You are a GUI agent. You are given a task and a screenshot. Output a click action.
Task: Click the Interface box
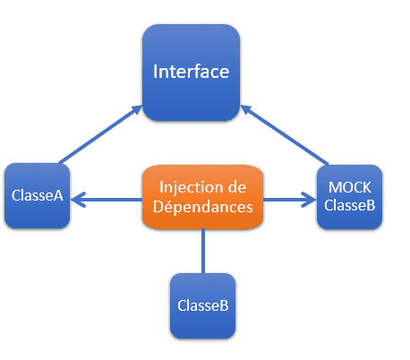(192, 73)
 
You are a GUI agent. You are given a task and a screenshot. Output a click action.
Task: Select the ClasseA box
(37, 196)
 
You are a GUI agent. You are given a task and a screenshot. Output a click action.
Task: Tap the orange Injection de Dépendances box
(203, 197)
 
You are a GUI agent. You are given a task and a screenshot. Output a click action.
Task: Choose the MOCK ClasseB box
(349, 197)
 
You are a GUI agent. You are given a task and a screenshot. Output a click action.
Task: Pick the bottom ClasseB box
(203, 306)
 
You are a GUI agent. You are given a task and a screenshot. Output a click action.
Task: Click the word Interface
(192, 72)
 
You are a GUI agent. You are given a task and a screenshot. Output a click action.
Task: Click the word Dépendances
(203, 207)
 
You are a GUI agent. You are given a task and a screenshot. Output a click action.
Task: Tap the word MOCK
(350, 187)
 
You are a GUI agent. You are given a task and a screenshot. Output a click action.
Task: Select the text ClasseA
(38, 195)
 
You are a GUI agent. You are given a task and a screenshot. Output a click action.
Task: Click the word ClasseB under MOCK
(350, 205)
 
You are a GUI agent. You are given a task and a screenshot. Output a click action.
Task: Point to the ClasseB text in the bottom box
(203, 305)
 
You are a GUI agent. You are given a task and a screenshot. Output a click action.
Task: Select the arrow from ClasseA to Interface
(101, 134)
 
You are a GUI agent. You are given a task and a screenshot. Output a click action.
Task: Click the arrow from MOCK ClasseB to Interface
(285, 134)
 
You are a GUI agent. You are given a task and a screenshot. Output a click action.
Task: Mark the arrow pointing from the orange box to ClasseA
(107, 200)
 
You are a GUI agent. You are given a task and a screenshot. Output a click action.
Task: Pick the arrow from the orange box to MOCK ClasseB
(290, 200)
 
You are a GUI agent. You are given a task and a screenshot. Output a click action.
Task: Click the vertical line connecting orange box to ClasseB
(203, 251)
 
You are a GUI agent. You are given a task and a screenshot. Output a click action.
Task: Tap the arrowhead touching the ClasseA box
(78, 200)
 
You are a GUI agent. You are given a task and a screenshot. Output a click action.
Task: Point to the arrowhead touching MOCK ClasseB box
(309, 200)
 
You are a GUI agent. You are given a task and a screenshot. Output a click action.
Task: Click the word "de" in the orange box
(237, 187)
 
